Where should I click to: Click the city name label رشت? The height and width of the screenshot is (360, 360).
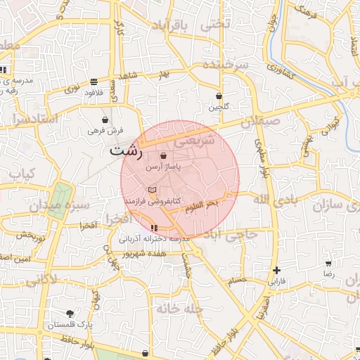point(127,150)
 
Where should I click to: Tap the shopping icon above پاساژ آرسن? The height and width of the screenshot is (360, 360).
point(164,156)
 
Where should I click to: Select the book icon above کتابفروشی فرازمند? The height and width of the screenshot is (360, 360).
point(152,190)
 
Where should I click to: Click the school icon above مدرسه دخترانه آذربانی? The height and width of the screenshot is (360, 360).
point(154,228)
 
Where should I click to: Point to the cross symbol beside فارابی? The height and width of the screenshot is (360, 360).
point(277,270)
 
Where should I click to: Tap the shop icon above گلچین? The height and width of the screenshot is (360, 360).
point(219,96)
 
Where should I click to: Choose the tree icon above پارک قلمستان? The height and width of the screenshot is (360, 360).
point(70,314)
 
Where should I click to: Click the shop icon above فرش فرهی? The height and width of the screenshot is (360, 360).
point(105,119)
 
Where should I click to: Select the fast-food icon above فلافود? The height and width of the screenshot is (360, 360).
point(94,82)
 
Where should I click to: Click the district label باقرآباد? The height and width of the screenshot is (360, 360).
point(170,26)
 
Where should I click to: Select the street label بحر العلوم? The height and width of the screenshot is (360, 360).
point(203,204)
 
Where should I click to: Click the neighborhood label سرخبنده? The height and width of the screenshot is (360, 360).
point(226,65)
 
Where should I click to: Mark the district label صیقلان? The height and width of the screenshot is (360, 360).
point(261,122)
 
